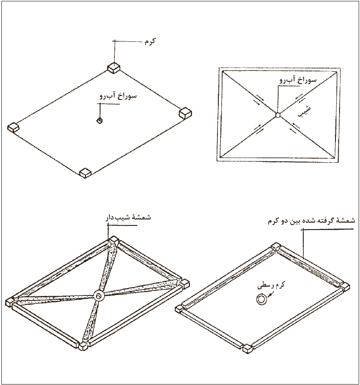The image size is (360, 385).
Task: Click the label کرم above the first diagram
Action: (x=150, y=41)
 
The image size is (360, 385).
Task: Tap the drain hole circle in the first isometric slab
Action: (x=99, y=120)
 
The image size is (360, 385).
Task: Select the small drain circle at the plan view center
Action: (x=277, y=115)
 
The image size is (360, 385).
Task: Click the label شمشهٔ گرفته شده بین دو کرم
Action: (x=311, y=221)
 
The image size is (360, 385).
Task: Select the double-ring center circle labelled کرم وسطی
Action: (x=261, y=300)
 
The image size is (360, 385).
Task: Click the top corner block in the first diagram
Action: (x=113, y=67)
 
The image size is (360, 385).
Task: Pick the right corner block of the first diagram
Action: (x=185, y=113)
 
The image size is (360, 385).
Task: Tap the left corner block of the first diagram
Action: (x=13, y=127)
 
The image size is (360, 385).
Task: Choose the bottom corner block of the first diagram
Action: (x=85, y=173)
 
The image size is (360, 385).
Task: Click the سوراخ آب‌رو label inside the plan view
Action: (x=298, y=80)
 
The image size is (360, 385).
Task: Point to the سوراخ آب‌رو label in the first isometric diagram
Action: (x=118, y=96)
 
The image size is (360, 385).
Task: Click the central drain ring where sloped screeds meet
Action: (x=99, y=296)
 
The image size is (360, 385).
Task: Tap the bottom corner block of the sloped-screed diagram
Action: (x=84, y=346)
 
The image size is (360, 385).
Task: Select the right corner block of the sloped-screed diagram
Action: (x=184, y=284)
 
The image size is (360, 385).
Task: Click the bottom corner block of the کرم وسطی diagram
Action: (x=248, y=349)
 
